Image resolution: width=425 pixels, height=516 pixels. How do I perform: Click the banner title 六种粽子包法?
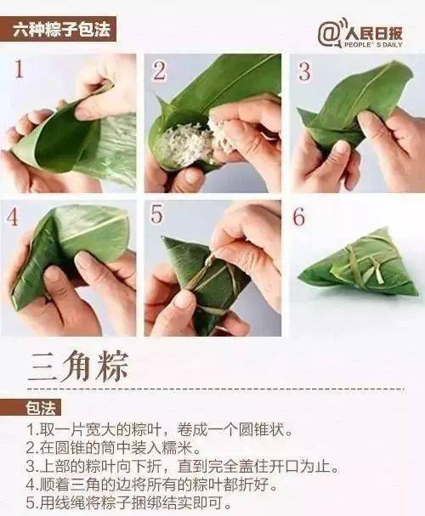[61, 31]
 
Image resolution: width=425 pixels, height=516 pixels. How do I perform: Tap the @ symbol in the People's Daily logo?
[328, 34]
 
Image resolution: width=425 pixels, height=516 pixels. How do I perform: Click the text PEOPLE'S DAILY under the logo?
[373, 44]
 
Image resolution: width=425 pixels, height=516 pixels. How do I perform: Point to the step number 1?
[19, 69]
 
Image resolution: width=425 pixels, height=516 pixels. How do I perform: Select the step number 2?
[160, 71]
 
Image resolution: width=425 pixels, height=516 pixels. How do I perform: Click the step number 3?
[303, 71]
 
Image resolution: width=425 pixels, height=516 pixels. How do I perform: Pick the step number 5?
[156, 214]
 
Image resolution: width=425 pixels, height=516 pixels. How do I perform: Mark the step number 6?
[298, 216]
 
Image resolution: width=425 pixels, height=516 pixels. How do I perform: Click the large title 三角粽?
[78, 366]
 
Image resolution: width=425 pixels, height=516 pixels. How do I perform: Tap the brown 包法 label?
[39, 408]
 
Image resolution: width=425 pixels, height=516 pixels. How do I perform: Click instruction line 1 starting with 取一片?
[159, 430]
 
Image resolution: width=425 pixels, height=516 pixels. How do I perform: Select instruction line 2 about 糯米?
[114, 448]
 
